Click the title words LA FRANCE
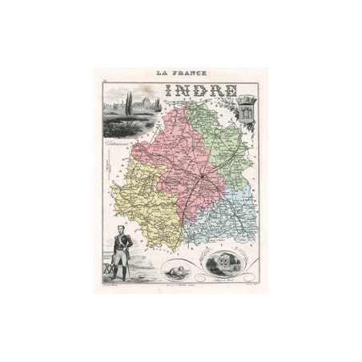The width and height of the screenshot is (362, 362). [x=181, y=73]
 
